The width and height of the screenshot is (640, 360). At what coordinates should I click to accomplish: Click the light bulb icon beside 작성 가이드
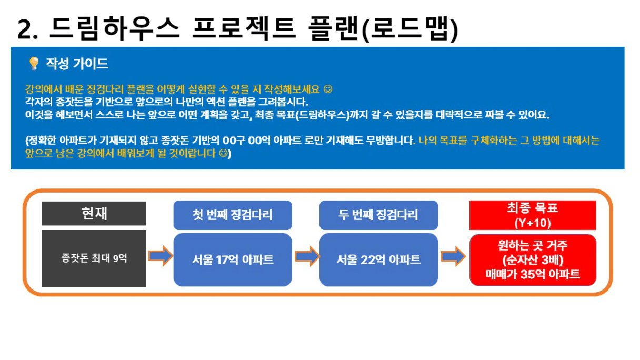(x=34, y=63)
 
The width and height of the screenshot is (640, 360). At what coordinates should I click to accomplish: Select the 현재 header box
(x=94, y=214)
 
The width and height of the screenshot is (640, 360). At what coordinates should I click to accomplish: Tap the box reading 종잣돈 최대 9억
(x=94, y=258)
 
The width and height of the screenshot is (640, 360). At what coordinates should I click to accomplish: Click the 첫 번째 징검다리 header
(x=233, y=215)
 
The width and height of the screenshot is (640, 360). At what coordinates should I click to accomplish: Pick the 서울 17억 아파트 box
(x=233, y=259)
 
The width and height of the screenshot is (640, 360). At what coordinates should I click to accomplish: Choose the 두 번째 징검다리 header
(x=378, y=215)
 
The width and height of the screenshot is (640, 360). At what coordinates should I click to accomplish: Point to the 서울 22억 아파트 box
(x=378, y=259)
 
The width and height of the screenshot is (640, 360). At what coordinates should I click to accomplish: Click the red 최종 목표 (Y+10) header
(x=533, y=215)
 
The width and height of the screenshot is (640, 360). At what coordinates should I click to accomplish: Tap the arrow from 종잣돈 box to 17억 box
(x=161, y=256)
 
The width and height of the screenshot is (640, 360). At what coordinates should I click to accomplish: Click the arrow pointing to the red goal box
(x=453, y=256)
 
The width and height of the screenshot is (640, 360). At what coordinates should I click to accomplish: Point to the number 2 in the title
(x=24, y=29)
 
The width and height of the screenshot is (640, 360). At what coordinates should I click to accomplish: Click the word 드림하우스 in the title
(x=115, y=28)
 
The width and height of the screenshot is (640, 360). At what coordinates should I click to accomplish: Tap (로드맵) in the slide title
(x=410, y=29)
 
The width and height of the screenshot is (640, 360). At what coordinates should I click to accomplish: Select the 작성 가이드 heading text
(x=77, y=64)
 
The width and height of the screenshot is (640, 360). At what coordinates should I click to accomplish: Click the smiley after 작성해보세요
(x=328, y=89)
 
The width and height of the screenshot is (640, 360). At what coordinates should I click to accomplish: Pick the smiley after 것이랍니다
(x=224, y=154)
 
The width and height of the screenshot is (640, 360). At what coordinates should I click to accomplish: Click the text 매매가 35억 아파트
(x=533, y=274)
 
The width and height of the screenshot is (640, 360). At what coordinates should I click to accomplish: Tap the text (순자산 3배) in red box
(x=533, y=259)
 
